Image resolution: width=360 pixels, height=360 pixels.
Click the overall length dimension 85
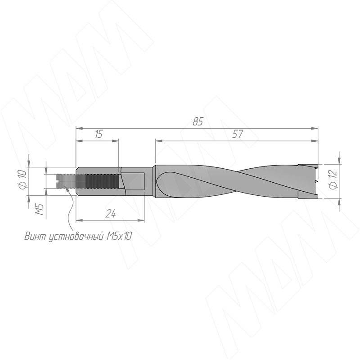tap(198, 121)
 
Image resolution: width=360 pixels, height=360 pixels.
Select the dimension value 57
tap(238, 134)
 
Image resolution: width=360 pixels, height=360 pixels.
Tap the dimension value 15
tap(99, 134)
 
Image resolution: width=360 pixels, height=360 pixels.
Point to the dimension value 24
tap(111, 214)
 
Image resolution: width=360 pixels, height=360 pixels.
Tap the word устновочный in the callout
tap(76, 237)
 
